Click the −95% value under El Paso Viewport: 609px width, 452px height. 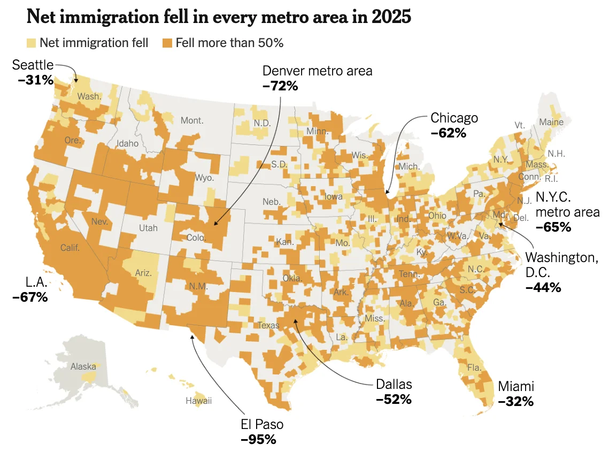coord(258,440)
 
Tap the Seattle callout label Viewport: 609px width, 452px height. coord(33,65)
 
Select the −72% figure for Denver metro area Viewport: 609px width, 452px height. coord(280,86)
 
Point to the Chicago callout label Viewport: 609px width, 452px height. coord(454,118)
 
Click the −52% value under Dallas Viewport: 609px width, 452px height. coord(394,399)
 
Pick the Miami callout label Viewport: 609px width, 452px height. coord(515,386)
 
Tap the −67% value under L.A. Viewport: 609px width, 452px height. coord(29,297)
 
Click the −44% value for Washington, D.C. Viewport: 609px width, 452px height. coord(543,287)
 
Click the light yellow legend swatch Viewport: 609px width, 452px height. coord(32,43)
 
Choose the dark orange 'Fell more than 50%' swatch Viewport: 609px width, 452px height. coord(167,43)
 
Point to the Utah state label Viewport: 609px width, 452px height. coord(148,228)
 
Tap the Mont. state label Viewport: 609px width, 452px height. coord(192,120)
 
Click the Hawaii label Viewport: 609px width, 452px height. coord(198,401)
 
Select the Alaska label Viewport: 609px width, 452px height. coord(83,367)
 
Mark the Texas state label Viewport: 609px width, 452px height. coord(268,325)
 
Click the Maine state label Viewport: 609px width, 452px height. coord(551,122)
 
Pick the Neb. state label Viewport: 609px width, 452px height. coord(271,202)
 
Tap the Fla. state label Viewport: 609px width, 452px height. coord(474,368)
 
